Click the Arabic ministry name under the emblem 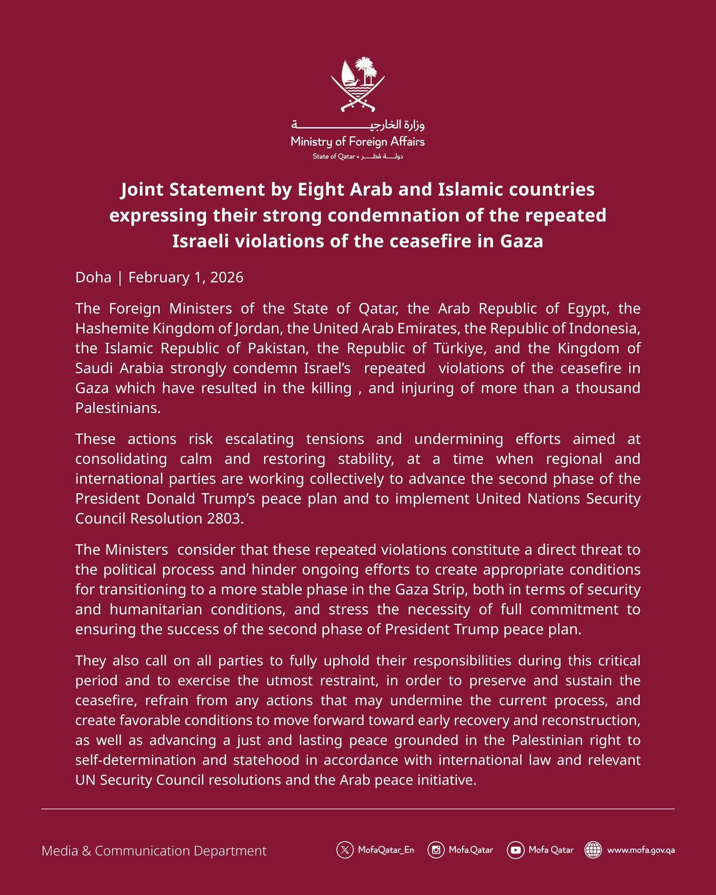(x=358, y=125)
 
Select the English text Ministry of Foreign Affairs (x=358, y=142)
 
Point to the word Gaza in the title (x=521, y=241)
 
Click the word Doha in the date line (x=93, y=277)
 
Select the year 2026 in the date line (x=227, y=277)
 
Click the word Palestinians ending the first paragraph (x=118, y=408)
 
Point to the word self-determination (x=135, y=760)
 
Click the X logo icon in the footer (x=345, y=850)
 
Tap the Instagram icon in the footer (x=436, y=850)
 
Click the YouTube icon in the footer (x=515, y=850)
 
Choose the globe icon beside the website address (x=593, y=850)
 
